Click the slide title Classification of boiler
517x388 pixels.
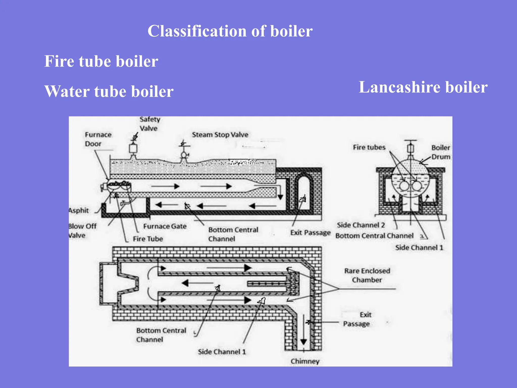click(x=230, y=31)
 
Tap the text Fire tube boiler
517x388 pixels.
click(x=101, y=61)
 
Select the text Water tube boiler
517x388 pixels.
click(x=109, y=91)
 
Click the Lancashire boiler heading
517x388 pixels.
click(x=423, y=87)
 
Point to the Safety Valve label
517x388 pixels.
click(x=149, y=124)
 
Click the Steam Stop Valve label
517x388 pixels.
click(x=220, y=135)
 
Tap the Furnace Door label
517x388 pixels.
click(x=98, y=139)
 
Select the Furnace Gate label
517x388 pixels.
click(x=165, y=226)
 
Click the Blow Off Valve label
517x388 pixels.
click(x=82, y=231)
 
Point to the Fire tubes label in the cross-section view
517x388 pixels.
click(x=369, y=147)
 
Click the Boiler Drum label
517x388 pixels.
click(x=441, y=152)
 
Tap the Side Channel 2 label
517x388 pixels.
click(x=361, y=225)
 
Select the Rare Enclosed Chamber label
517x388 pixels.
click(x=367, y=275)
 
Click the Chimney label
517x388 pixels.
click(x=305, y=361)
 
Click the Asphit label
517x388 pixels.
click(x=79, y=210)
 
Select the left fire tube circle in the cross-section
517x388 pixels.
click(x=404, y=186)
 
